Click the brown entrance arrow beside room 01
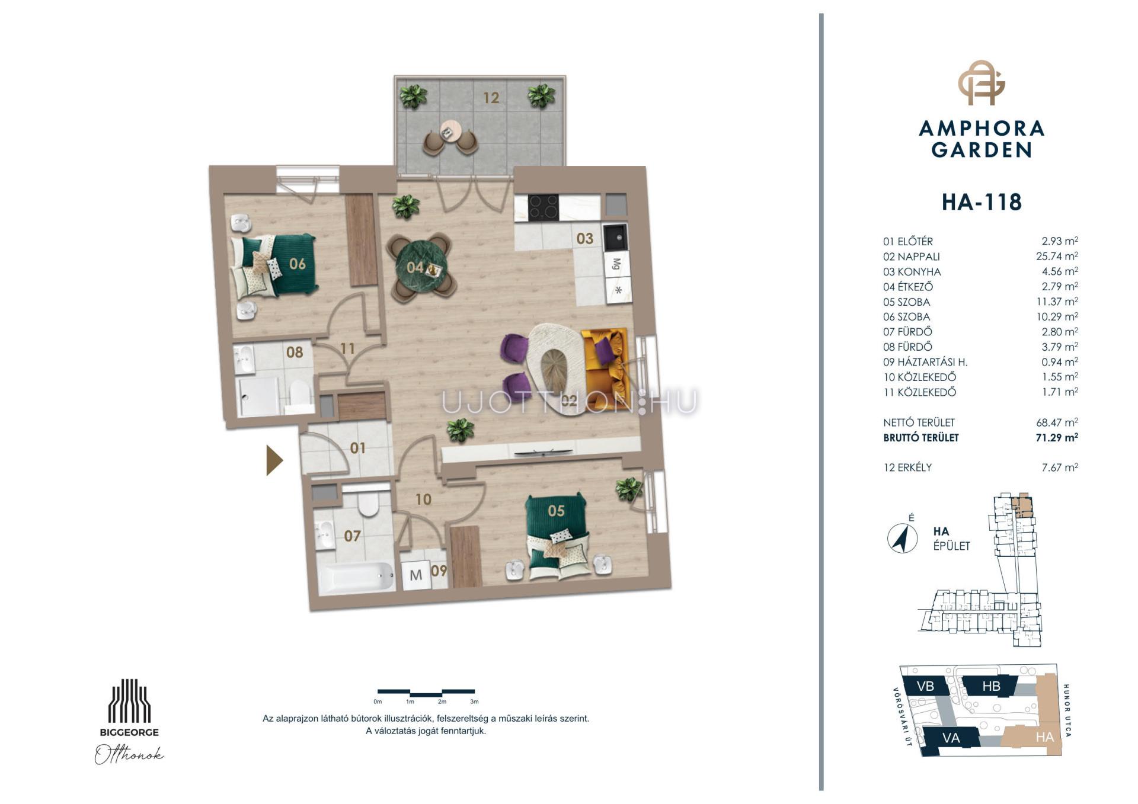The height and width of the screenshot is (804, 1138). point(274,460)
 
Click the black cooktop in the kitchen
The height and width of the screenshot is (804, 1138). point(544,207)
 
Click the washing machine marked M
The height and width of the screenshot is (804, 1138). point(415,575)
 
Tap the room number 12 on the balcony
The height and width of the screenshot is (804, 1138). point(491,98)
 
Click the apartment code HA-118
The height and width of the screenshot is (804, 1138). point(982,202)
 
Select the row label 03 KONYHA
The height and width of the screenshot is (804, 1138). point(912,272)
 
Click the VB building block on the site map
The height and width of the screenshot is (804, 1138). point(925,686)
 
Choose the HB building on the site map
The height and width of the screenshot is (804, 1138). point(991,686)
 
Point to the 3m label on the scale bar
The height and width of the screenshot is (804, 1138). point(474,702)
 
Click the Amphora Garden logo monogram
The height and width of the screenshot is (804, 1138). point(982,83)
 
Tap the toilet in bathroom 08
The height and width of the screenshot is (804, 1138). point(301,392)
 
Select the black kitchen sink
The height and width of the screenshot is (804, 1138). point(615,236)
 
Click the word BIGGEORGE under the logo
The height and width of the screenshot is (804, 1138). point(129,732)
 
